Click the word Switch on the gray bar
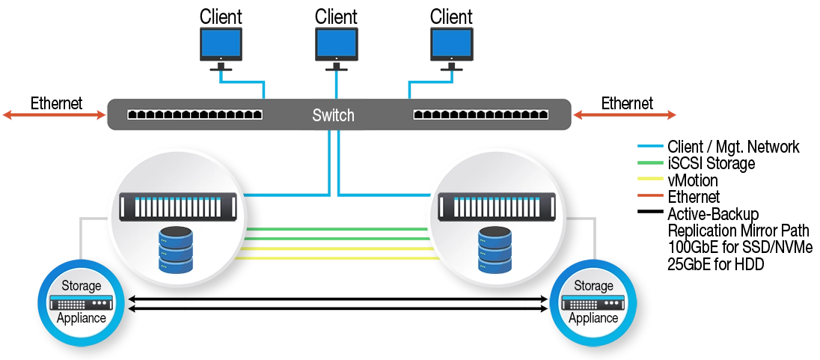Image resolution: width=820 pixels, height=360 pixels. [333, 116]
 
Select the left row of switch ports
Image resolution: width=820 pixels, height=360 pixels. [195, 115]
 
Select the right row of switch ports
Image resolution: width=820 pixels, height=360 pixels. [481, 115]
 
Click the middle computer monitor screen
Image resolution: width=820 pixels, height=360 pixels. [334, 42]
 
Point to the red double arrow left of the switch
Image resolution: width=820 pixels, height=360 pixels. [53, 115]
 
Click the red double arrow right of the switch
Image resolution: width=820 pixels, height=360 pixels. [625, 115]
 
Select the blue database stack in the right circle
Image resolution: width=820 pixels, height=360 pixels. [495, 250]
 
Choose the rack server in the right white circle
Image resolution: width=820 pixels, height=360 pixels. [497, 207]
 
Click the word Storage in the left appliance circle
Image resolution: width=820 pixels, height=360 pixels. [81, 286]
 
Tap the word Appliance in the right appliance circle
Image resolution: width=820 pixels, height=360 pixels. [593, 317]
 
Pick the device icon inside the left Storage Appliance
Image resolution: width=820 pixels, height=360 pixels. [81, 302]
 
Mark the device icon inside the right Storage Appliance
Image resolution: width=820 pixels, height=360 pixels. [593, 302]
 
